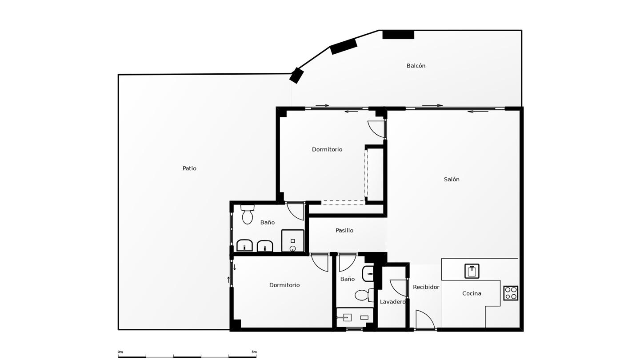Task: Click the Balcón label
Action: click(416, 66)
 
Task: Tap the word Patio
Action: click(189, 168)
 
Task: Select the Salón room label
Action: click(452, 180)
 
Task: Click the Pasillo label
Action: click(344, 230)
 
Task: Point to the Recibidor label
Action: click(426, 287)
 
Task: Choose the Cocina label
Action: click(472, 293)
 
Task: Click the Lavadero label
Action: click(392, 302)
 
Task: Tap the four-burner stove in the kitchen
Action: click(511, 293)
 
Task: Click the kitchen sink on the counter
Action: click(472, 271)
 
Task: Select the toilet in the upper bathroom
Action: click(248, 215)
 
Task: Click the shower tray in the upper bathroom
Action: click(293, 241)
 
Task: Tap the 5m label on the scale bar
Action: click(254, 352)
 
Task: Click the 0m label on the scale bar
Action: click(120, 352)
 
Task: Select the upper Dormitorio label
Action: click(327, 149)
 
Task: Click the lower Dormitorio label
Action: click(284, 285)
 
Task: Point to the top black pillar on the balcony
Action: click(398, 35)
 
